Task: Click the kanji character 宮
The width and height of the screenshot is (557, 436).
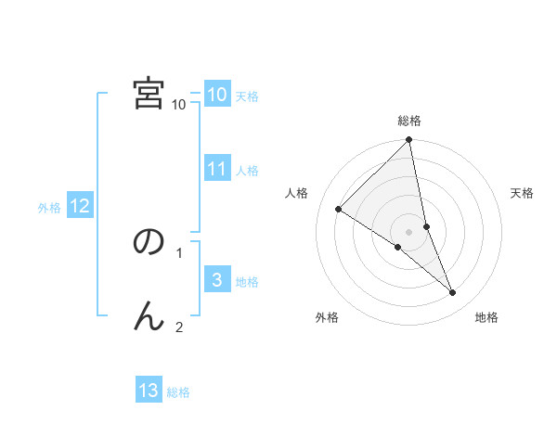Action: click(x=149, y=93)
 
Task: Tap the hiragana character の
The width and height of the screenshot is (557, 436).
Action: click(x=149, y=242)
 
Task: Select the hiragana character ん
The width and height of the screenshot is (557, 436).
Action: click(x=149, y=316)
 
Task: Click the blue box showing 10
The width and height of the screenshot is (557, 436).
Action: click(x=216, y=95)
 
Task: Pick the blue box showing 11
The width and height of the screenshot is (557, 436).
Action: click(x=216, y=169)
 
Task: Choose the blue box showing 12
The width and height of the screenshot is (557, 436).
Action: click(x=79, y=206)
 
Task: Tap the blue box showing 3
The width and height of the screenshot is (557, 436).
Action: click(x=216, y=280)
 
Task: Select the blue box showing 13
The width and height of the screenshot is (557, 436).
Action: click(x=149, y=391)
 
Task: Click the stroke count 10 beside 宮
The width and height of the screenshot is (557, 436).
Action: click(x=179, y=104)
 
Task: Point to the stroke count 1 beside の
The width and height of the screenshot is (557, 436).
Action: click(x=179, y=251)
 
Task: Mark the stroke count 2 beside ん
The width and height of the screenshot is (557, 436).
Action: click(x=179, y=327)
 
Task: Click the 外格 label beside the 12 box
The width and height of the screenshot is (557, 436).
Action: click(x=49, y=208)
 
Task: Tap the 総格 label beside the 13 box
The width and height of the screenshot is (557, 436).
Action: click(x=178, y=392)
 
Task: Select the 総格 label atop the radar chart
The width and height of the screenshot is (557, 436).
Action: click(x=409, y=121)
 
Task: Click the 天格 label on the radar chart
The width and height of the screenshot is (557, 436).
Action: click(x=523, y=193)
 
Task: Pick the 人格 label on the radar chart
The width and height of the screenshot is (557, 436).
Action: click(x=297, y=193)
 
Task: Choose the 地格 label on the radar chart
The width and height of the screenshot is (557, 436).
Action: click(x=486, y=317)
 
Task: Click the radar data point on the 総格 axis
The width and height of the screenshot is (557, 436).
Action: click(x=409, y=140)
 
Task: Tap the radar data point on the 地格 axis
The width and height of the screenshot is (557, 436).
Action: click(x=453, y=293)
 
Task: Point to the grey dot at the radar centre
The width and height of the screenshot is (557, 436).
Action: click(x=409, y=231)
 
